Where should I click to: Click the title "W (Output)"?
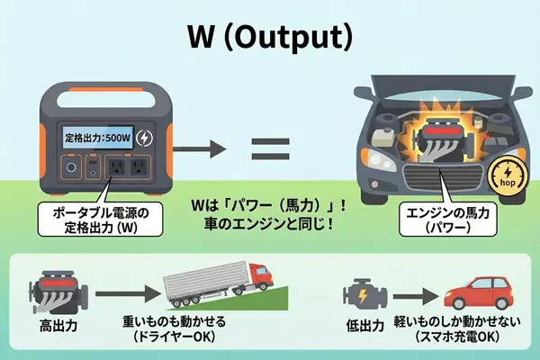pos(270,37)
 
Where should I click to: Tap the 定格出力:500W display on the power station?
pos(99,138)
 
